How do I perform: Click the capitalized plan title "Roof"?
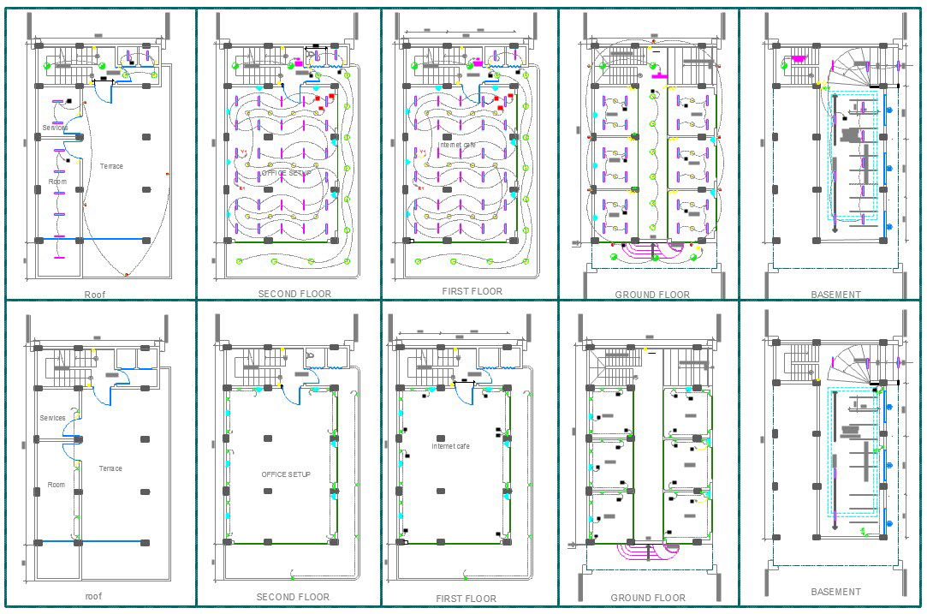(94, 295)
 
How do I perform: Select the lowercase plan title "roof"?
(94, 596)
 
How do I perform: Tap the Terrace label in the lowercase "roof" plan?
(110, 468)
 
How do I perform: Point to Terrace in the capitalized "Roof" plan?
(110, 166)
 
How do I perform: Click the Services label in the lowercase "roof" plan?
(53, 418)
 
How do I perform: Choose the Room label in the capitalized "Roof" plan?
(57, 182)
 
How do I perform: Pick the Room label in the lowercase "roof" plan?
(56, 485)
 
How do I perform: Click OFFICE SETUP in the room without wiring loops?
(286, 474)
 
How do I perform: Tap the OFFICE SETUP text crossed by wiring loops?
(286, 173)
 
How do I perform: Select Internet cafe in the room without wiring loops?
(451, 446)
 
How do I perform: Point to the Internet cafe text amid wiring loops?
(457, 145)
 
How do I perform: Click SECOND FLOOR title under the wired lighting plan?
(294, 294)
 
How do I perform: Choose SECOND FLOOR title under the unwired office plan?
(292, 597)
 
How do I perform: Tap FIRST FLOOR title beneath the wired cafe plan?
(472, 291)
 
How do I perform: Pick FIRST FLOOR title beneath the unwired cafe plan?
(466, 599)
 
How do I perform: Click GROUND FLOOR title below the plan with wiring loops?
(651, 295)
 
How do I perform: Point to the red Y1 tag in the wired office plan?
(243, 152)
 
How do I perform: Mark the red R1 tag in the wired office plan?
(242, 188)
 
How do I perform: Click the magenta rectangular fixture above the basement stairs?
(799, 59)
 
